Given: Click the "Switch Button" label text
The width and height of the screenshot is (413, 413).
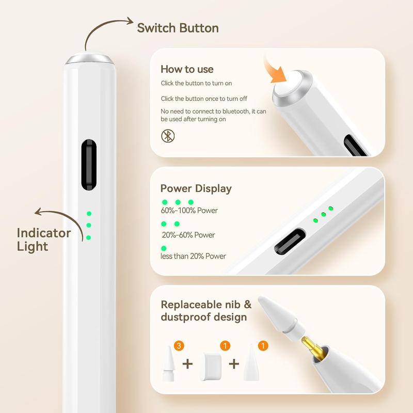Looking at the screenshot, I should [178, 28].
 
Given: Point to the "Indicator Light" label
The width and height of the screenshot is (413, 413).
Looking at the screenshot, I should [44, 240].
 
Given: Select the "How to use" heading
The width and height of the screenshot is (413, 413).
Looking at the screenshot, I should [187, 69].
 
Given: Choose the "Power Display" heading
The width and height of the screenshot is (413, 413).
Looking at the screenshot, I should [196, 188].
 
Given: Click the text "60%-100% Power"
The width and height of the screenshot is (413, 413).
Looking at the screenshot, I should [189, 210].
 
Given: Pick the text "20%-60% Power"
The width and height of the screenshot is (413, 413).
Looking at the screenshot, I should [188, 235].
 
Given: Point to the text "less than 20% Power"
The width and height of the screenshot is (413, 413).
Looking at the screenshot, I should [194, 256].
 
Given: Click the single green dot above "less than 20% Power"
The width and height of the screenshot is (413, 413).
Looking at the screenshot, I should [164, 248].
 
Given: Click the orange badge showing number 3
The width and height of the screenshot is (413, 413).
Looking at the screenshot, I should [179, 346].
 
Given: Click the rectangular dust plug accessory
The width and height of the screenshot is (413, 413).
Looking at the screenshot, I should [211, 364].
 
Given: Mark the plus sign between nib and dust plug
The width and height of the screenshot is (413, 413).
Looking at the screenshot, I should [187, 364].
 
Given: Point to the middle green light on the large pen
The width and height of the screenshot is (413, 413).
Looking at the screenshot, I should [89, 225].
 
